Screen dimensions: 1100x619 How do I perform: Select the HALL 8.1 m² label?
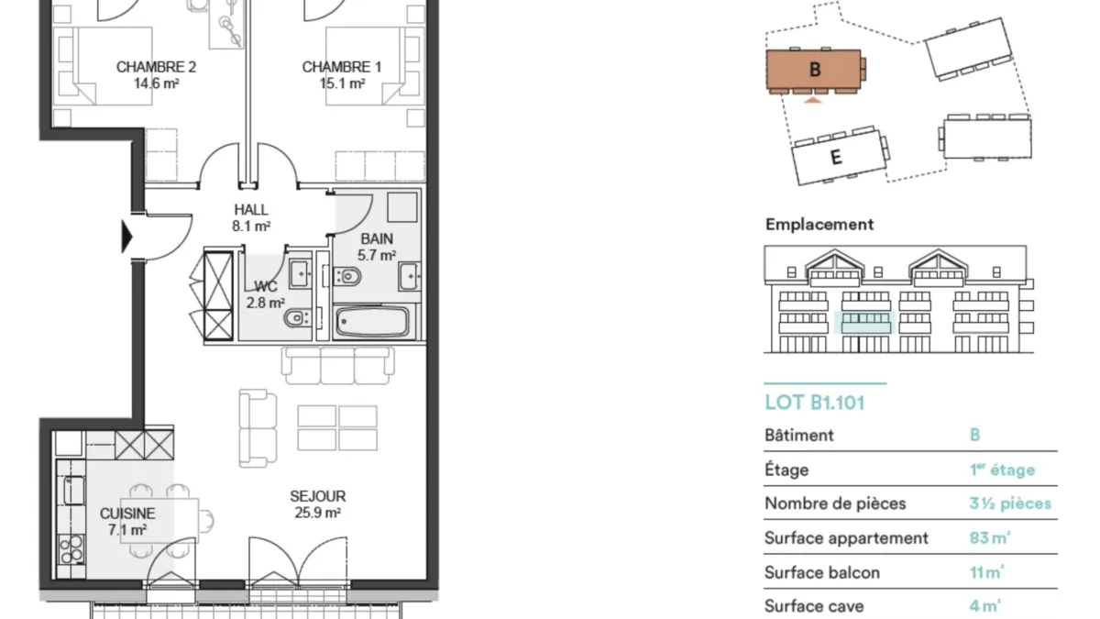coord(251,217)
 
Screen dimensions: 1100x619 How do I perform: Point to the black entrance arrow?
coord(127,237)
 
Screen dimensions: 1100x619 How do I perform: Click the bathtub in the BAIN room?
coord(372,322)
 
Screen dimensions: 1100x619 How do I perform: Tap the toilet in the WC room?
coord(297,318)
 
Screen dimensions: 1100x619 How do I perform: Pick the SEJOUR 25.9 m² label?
coord(318,504)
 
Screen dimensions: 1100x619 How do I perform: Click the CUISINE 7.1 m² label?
coord(127,521)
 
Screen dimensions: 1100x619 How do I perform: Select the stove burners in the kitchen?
coord(71,548)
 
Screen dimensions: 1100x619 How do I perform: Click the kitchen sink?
coord(74,491)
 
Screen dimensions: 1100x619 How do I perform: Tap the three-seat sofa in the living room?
coord(338,366)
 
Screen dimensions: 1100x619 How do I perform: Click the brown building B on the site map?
coord(814,70)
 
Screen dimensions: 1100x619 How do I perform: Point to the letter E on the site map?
coord(836,157)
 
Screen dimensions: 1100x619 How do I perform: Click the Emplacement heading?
coord(819,225)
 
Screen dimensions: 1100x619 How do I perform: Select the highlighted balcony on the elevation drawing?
coord(865,323)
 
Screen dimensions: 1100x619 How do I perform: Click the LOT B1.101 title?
coord(814,403)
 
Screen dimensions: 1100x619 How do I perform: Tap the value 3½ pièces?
coord(1010,503)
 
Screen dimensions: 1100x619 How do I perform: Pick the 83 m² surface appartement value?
coord(989,538)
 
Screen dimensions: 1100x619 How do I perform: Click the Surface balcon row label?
coord(822,573)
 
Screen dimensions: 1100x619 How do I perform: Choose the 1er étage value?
coord(1002,470)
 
